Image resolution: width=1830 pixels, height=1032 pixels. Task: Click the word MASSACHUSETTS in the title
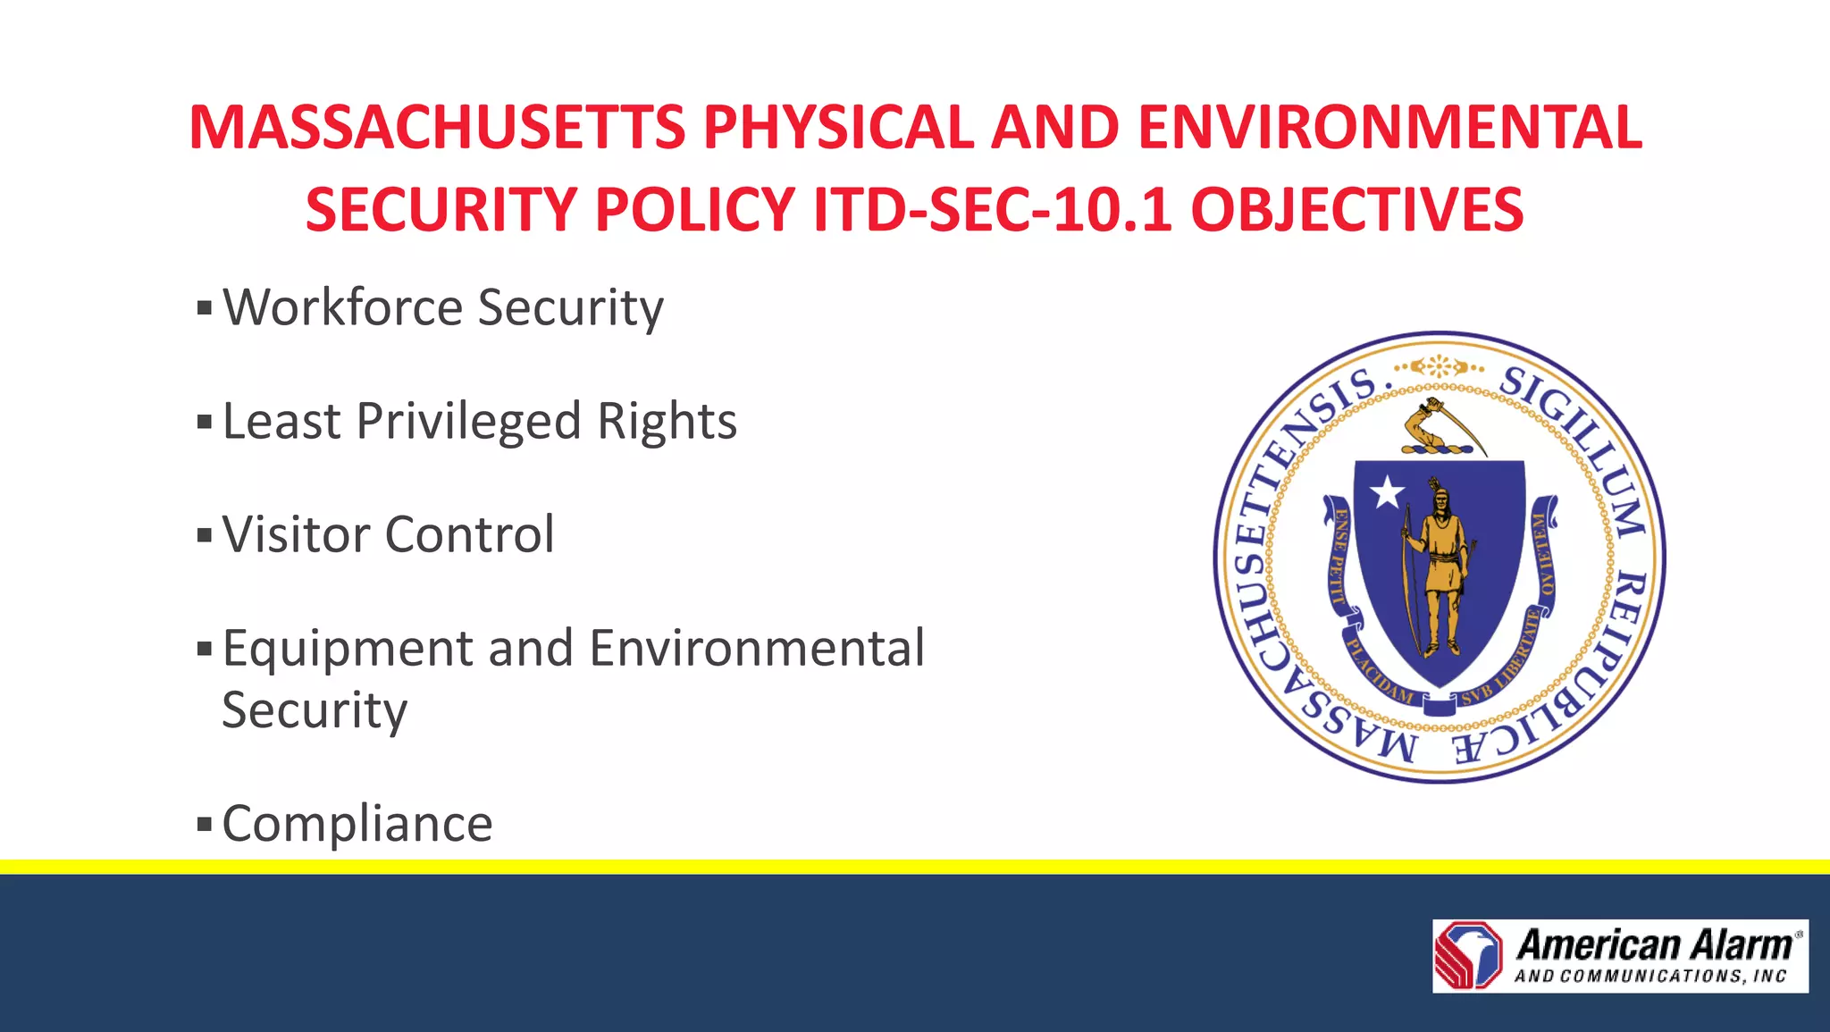[437, 127]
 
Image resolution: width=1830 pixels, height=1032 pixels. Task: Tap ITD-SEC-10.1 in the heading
[992, 210]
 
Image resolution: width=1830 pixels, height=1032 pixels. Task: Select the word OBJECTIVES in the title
[1356, 210]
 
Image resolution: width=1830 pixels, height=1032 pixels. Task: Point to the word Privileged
[468, 421]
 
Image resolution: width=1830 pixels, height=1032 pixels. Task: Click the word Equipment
[347, 649]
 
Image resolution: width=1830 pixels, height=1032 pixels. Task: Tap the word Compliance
[357, 824]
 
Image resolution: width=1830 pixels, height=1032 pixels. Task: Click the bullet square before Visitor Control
[205, 536]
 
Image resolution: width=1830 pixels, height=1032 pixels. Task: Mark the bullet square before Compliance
[205, 824]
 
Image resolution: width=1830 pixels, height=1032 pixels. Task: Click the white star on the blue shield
[1387, 491]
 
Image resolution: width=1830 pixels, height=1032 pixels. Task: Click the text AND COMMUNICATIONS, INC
[1650, 977]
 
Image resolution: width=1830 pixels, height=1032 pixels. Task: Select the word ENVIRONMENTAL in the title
[1389, 127]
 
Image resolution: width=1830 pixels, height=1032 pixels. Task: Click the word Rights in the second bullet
[667, 421]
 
